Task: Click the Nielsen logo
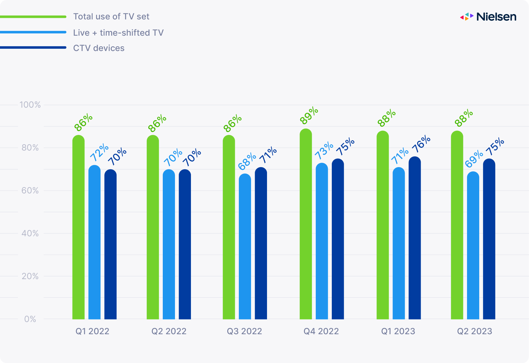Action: (x=488, y=17)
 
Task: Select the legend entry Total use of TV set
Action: (x=111, y=17)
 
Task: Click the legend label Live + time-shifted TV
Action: (x=118, y=33)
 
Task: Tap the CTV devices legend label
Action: (x=99, y=48)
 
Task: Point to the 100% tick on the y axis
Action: (x=30, y=105)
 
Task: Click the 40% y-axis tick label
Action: (x=30, y=233)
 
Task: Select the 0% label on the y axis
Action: (x=30, y=319)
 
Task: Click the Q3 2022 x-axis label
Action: (x=244, y=331)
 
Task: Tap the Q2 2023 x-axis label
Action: (x=475, y=331)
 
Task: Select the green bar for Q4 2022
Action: (x=306, y=225)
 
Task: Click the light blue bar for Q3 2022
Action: (x=245, y=247)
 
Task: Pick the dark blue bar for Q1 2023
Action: (x=415, y=238)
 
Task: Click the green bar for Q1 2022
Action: (x=79, y=228)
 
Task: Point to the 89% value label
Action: (x=309, y=116)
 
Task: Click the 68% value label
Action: (x=247, y=161)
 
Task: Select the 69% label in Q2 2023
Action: (x=474, y=159)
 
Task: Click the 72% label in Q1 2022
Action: (x=99, y=152)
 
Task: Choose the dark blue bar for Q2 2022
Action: (x=185, y=244)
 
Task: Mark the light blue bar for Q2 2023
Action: (x=473, y=246)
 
